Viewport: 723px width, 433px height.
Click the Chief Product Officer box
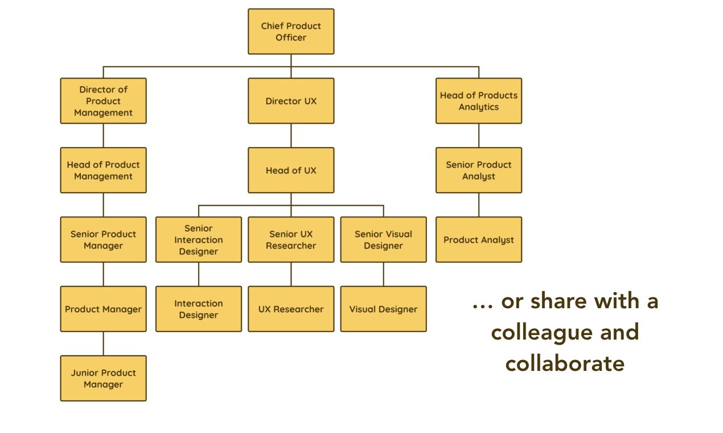tap(291, 31)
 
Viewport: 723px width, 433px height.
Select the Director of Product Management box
tap(103, 101)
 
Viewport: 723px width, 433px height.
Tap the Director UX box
tap(291, 101)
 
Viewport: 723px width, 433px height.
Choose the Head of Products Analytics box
tap(479, 101)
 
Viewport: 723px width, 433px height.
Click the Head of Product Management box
tap(103, 170)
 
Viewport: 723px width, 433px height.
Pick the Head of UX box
tap(291, 170)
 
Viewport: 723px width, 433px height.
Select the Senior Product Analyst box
tap(479, 170)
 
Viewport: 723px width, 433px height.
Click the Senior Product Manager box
tap(103, 240)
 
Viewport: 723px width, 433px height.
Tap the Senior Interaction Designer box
tap(199, 240)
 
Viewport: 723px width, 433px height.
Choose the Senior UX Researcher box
tap(291, 240)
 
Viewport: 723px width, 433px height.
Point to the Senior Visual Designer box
tap(383, 240)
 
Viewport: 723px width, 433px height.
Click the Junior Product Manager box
tap(103, 378)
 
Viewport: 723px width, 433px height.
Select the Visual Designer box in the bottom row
tap(383, 309)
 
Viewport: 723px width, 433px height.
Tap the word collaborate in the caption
tap(565, 363)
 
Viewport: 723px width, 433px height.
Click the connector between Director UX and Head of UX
tap(291, 136)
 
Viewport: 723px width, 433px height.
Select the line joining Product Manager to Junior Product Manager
tap(103, 344)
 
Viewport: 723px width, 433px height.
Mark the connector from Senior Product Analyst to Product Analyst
tap(479, 205)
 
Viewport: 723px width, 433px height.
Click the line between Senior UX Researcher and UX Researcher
tap(291, 274)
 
